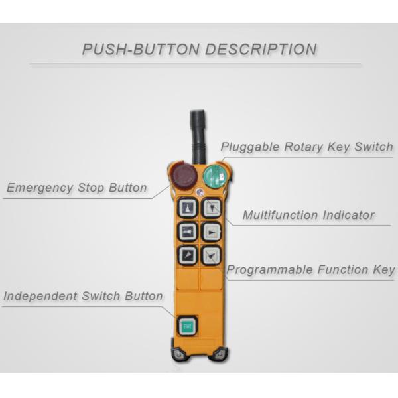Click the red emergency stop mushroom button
pyautogui.click(x=183, y=177)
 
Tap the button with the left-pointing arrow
pyautogui.click(x=188, y=232)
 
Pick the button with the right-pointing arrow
pyautogui.click(x=211, y=232)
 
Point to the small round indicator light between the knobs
pyautogui.click(x=199, y=193)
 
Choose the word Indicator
pyautogui.click(x=349, y=215)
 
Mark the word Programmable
pyautogui.click(x=269, y=269)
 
